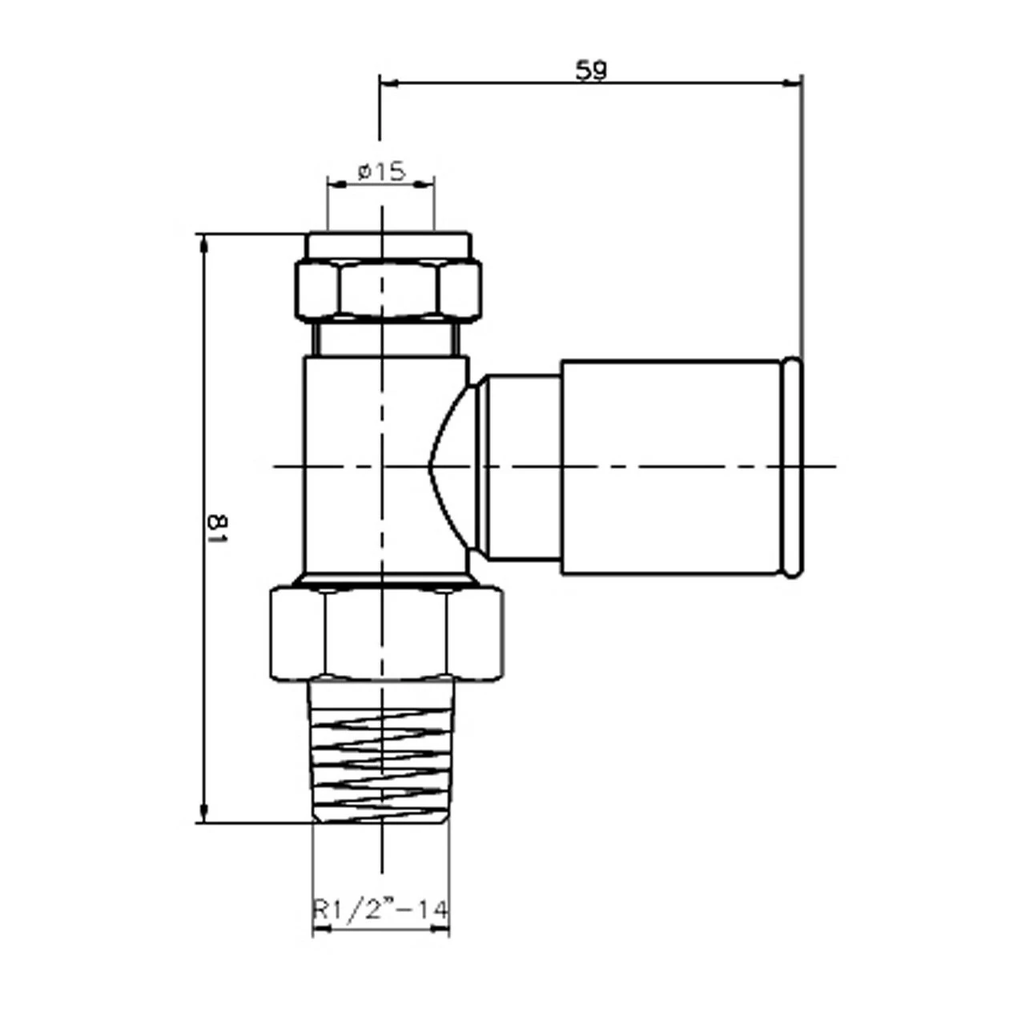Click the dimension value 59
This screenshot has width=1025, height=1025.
click(x=591, y=70)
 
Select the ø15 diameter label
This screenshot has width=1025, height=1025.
click(x=381, y=171)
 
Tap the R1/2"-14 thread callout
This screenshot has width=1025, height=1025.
click(x=380, y=910)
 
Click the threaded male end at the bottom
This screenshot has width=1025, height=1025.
click(x=381, y=749)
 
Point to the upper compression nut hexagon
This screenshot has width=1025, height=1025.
click(x=388, y=290)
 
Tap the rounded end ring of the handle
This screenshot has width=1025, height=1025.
click(x=792, y=467)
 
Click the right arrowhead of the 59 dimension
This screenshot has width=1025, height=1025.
click(x=794, y=82)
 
